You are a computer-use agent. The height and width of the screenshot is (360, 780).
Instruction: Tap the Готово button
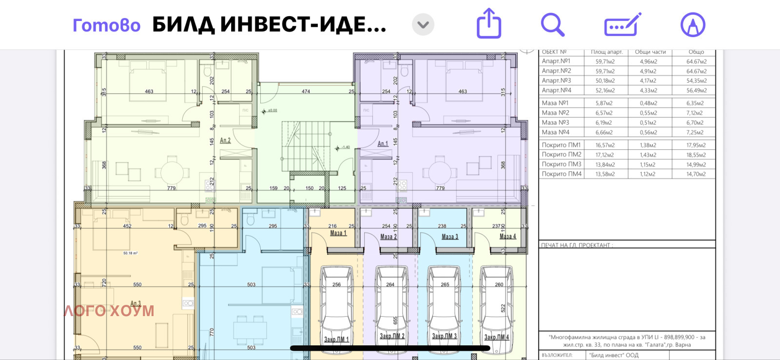(106, 25)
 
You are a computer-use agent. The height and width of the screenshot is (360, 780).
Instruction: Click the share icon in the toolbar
(488, 23)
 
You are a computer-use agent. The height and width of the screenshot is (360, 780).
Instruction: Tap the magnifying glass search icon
(552, 24)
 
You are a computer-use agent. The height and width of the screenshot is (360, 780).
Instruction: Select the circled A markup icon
(693, 24)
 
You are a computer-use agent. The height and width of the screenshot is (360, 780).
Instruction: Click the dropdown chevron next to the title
(423, 24)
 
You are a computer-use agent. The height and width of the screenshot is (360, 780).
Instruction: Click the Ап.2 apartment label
(225, 140)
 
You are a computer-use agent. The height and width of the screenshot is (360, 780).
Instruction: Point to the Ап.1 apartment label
(383, 144)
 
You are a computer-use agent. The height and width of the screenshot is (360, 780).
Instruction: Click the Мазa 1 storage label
(338, 233)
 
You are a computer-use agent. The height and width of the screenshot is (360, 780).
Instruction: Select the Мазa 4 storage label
(507, 236)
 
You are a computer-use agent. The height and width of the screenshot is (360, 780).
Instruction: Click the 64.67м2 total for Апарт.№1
(696, 61)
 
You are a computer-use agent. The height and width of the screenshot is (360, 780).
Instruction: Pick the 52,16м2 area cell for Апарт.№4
(605, 90)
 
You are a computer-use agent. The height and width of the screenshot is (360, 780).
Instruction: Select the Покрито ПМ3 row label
(562, 164)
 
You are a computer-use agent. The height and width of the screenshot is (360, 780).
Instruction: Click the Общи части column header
(650, 52)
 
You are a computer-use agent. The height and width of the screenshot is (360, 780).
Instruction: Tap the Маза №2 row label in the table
(555, 113)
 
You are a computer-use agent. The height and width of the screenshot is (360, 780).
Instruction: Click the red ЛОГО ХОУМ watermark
(109, 311)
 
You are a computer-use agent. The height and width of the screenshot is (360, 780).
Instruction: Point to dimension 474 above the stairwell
(306, 91)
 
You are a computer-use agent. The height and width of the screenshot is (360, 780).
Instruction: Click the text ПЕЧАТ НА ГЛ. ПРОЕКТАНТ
(577, 245)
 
